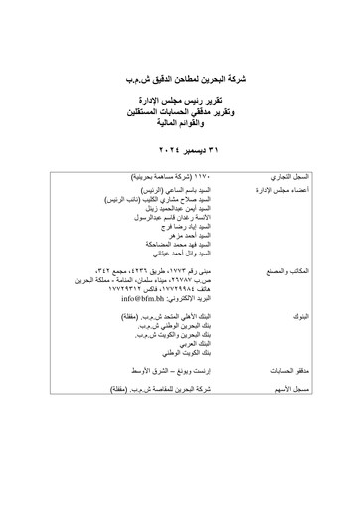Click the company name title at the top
(180, 74)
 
